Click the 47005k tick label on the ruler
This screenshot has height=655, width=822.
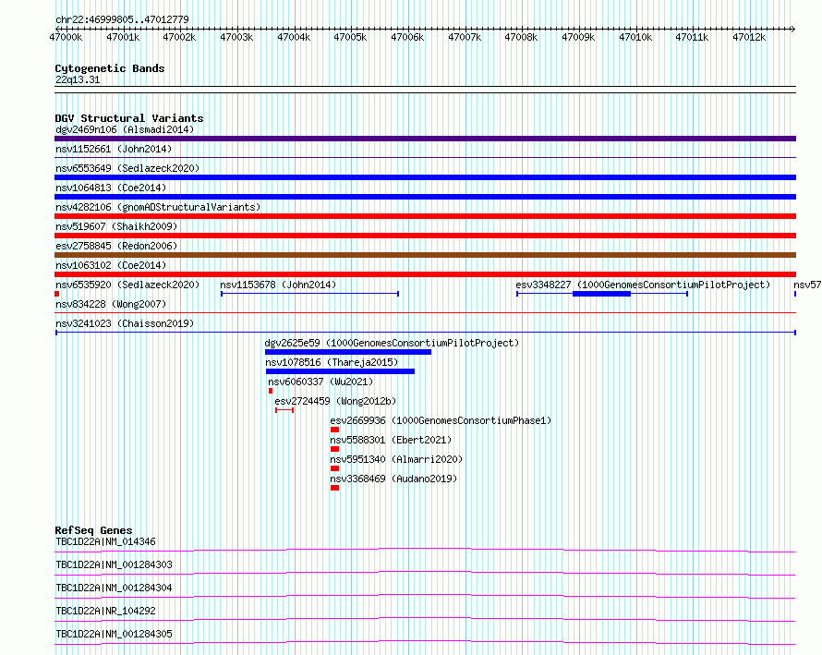[x=350, y=37]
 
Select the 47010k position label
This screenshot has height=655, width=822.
[x=635, y=37]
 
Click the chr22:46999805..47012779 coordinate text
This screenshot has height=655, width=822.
[x=122, y=19]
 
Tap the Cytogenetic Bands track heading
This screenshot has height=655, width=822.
[x=110, y=68]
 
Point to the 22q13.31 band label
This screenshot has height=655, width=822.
[x=78, y=79]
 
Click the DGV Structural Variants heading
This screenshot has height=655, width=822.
[x=129, y=118]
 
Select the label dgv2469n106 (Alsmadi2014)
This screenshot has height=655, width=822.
[x=125, y=129]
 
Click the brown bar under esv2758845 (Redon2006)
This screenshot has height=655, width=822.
[x=425, y=255]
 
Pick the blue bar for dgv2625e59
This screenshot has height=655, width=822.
[x=348, y=352]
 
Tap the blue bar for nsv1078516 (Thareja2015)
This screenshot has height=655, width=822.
[x=340, y=371]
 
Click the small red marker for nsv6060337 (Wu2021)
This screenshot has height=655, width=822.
[x=271, y=391]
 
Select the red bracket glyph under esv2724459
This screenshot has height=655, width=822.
[x=284, y=410]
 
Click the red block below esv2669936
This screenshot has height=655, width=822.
[x=335, y=430]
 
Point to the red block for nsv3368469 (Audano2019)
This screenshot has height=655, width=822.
[x=335, y=488]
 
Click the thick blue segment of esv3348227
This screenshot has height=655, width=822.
[x=602, y=294]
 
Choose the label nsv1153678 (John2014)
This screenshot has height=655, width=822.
[x=278, y=285]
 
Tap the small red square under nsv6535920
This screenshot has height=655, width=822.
[x=56, y=294]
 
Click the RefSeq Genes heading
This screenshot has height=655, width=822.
[x=93, y=530]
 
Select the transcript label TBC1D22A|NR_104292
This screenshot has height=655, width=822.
[x=106, y=611]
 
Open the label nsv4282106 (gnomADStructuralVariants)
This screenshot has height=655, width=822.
[x=158, y=207]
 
